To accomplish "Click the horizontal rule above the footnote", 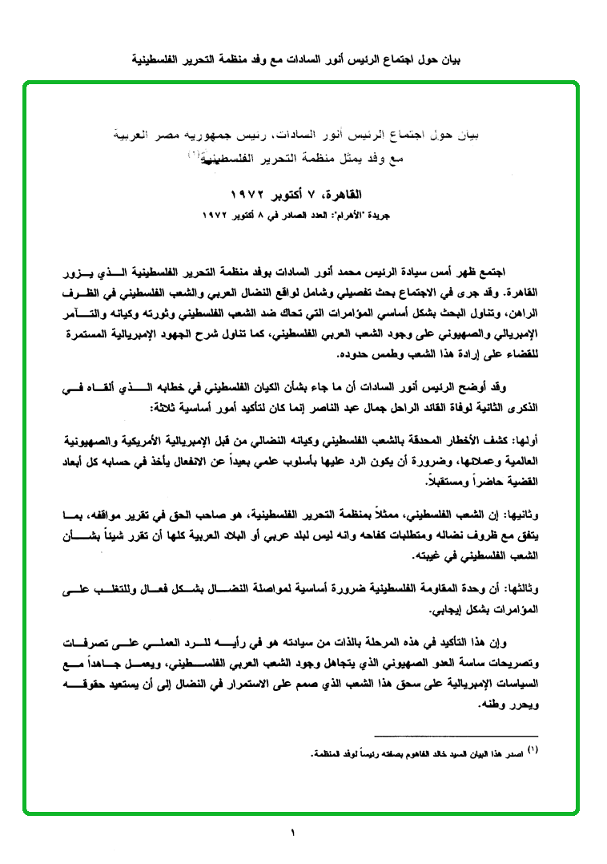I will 456,736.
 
